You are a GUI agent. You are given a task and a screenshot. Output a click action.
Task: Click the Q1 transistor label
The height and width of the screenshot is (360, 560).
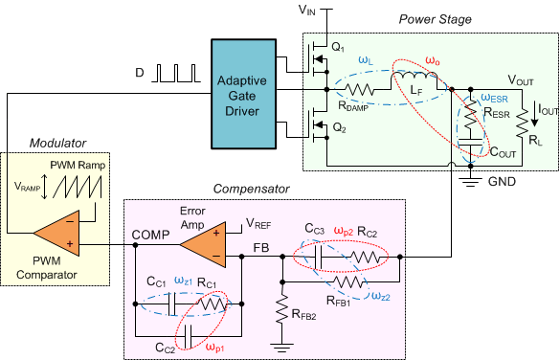pos(337,47)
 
